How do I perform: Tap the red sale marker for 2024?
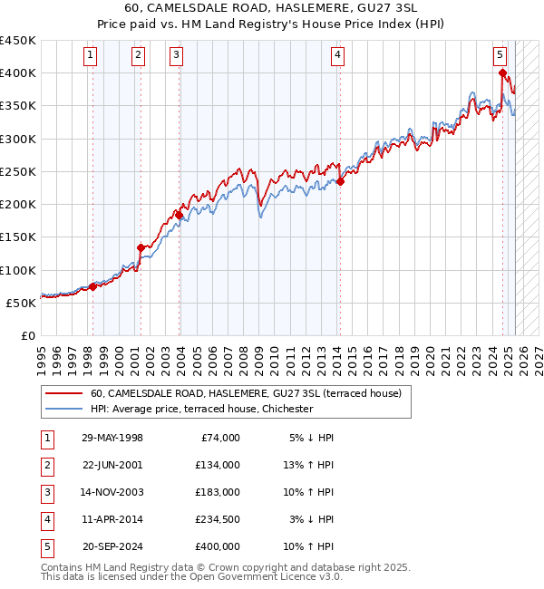point(501,73)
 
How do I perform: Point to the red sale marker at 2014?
point(340,181)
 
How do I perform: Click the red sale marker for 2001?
point(141,247)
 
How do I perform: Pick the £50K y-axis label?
point(22,303)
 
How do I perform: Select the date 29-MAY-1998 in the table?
point(112,438)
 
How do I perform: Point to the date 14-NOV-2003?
point(112,492)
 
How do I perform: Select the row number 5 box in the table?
point(47,546)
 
